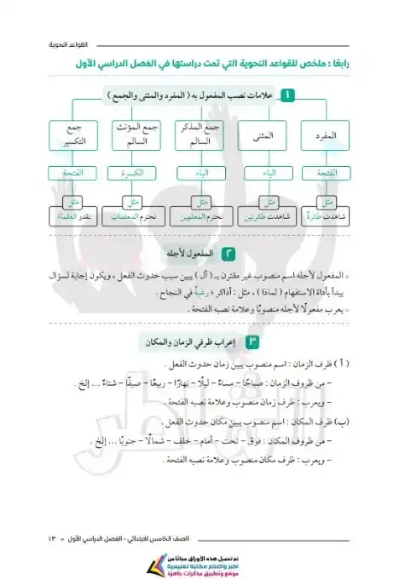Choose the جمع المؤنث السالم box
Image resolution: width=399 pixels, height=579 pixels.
coord(133,136)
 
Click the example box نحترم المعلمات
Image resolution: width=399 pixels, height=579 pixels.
coord(133,217)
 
